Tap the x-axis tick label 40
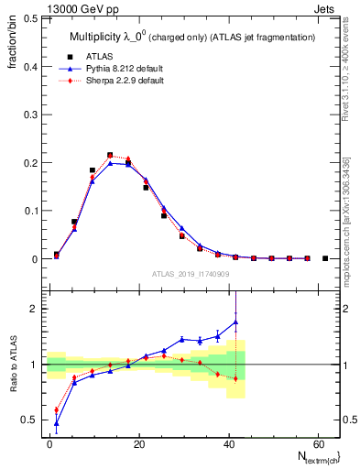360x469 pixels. click(227, 443)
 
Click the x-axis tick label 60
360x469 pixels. click(316, 443)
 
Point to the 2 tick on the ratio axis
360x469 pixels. click(34, 309)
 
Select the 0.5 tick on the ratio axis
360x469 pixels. click(30, 420)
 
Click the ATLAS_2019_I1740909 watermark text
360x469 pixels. click(191, 273)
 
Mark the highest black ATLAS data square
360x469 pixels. click(110, 156)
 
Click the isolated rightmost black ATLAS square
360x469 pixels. click(325, 258)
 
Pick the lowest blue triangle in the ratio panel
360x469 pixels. click(57, 423)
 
